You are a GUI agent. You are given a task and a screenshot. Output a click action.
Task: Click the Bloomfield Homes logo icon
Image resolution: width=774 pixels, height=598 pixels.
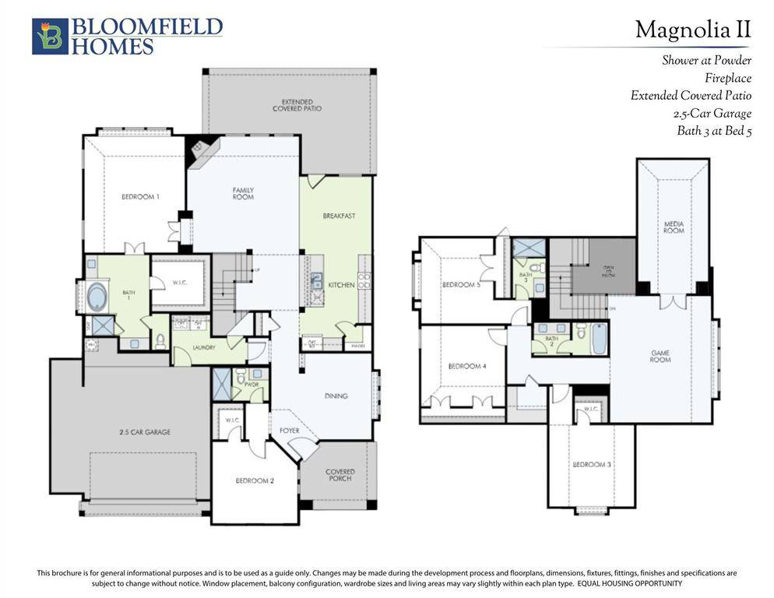click(50, 37)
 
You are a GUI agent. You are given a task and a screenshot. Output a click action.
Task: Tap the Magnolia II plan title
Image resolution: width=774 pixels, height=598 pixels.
click(692, 30)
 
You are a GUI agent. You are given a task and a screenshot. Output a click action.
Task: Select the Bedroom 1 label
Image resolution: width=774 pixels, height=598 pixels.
click(140, 197)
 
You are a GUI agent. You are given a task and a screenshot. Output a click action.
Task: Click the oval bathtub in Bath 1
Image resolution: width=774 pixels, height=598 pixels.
click(98, 298)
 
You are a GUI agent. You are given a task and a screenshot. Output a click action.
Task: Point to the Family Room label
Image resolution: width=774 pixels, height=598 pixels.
click(243, 193)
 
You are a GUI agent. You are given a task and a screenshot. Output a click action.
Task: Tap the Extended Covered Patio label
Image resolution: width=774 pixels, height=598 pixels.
click(297, 105)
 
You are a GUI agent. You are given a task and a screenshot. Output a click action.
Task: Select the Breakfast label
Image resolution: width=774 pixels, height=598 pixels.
click(339, 216)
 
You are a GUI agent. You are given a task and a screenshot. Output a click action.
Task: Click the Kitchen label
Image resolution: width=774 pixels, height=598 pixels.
click(341, 285)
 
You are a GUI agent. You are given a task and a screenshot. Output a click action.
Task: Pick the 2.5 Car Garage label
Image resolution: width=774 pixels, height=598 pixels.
click(144, 431)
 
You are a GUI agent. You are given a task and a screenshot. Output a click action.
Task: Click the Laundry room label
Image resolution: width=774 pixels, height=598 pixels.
click(204, 348)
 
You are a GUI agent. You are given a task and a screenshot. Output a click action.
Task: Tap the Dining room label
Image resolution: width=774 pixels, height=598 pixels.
click(336, 396)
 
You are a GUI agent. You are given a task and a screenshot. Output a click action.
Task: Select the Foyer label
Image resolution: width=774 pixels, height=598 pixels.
click(279, 430)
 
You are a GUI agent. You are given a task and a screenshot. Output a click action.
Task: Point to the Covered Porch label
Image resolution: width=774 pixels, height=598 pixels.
click(340, 475)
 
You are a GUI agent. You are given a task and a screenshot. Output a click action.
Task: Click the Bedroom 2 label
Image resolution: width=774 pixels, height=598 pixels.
click(255, 480)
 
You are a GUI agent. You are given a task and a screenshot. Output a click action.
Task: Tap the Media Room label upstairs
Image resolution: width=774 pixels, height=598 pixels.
click(674, 227)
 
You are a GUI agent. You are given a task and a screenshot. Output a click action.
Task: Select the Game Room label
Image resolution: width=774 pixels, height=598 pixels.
click(660, 357)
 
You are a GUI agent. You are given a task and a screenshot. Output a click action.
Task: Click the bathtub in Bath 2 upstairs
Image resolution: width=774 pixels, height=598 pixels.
click(598, 339)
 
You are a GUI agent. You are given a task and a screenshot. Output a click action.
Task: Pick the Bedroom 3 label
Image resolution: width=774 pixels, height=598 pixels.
click(591, 464)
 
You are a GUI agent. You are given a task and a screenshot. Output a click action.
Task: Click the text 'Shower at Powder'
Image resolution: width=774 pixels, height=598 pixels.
click(706, 60)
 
